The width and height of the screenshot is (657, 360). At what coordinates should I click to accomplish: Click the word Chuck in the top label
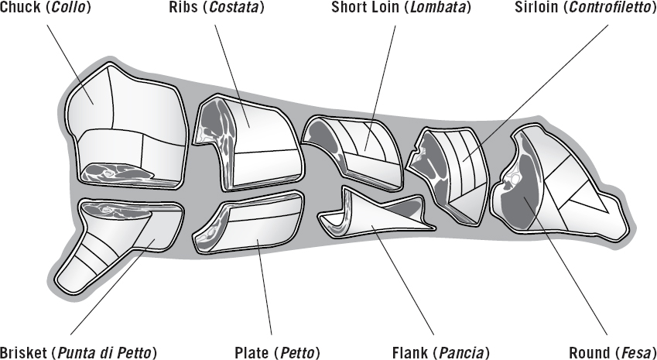coord(18,9)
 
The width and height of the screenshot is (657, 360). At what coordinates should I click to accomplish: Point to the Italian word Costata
coord(238,9)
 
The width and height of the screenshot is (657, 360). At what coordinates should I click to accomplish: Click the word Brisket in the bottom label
coord(23,353)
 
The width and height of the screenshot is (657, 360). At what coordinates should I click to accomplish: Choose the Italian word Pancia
coord(463,353)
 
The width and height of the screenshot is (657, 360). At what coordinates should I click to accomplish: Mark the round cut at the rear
coord(557,186)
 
